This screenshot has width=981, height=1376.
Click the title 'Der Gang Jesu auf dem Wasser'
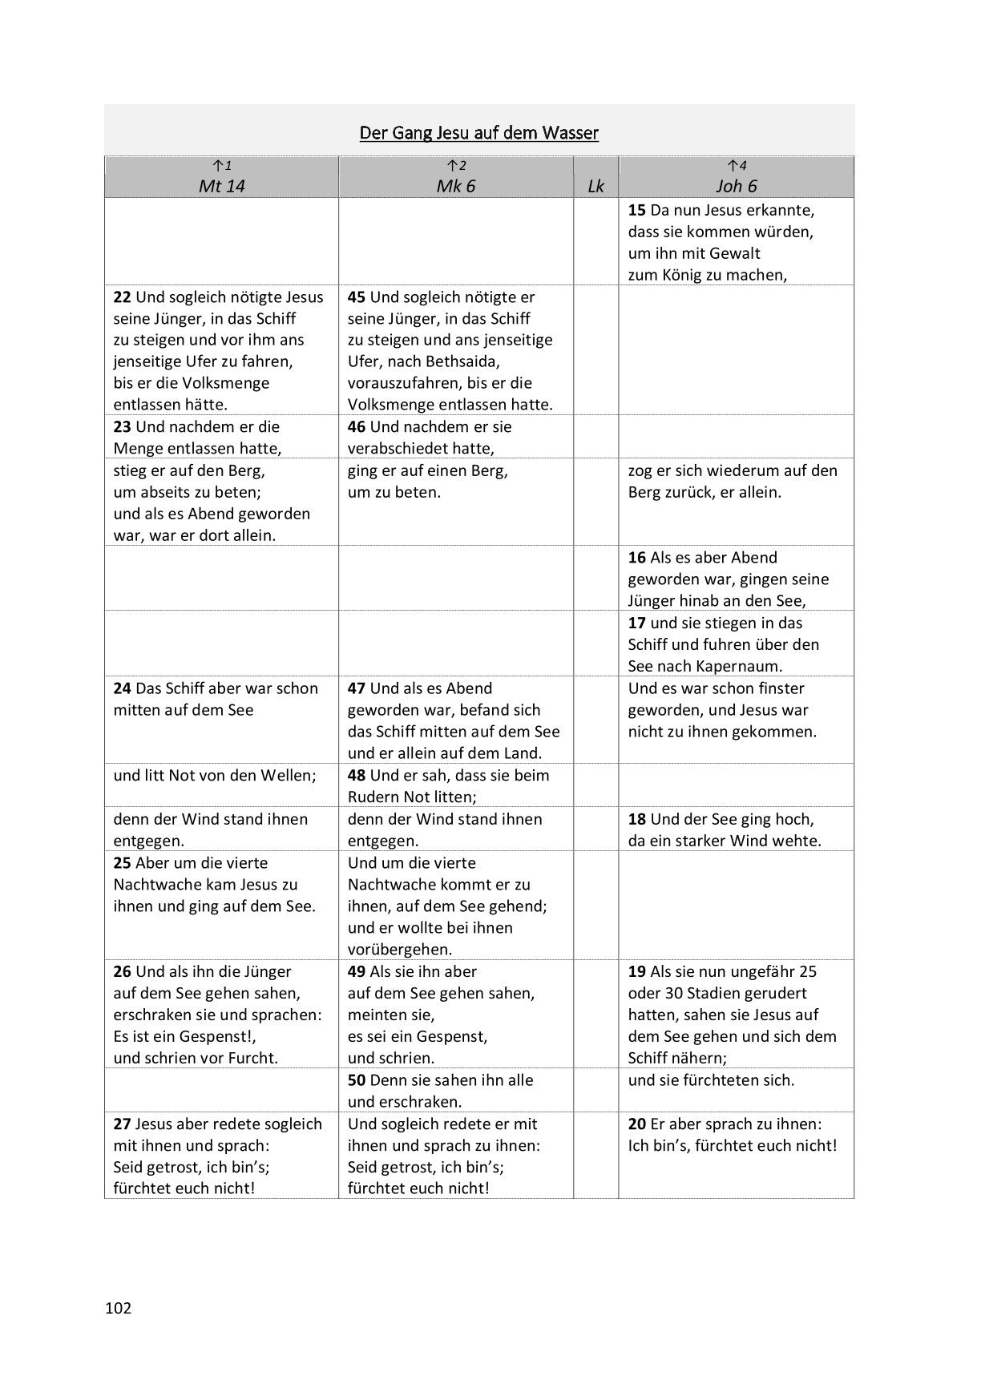coord(478,133)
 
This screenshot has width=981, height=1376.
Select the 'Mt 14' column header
coord(221,187)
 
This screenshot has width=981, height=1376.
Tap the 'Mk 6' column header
coord(455,187)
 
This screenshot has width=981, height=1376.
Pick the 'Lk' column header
coord(595,187)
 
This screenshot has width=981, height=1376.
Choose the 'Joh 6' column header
coord(736,187)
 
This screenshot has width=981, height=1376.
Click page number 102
coord(118,1309)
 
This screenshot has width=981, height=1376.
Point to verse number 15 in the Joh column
coord(637,211)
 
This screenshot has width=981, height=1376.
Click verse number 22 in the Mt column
coord(122,297)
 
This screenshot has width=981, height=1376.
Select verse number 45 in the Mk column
coord(357,297)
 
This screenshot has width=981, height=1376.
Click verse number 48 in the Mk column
coord(357,776)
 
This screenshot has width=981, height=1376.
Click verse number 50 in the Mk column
coord(357,1080)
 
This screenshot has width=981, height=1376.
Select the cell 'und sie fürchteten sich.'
coord(711,1080)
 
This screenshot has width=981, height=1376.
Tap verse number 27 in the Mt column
coord(122,1124)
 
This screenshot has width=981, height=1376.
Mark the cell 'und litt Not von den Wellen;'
coord(215,776)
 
